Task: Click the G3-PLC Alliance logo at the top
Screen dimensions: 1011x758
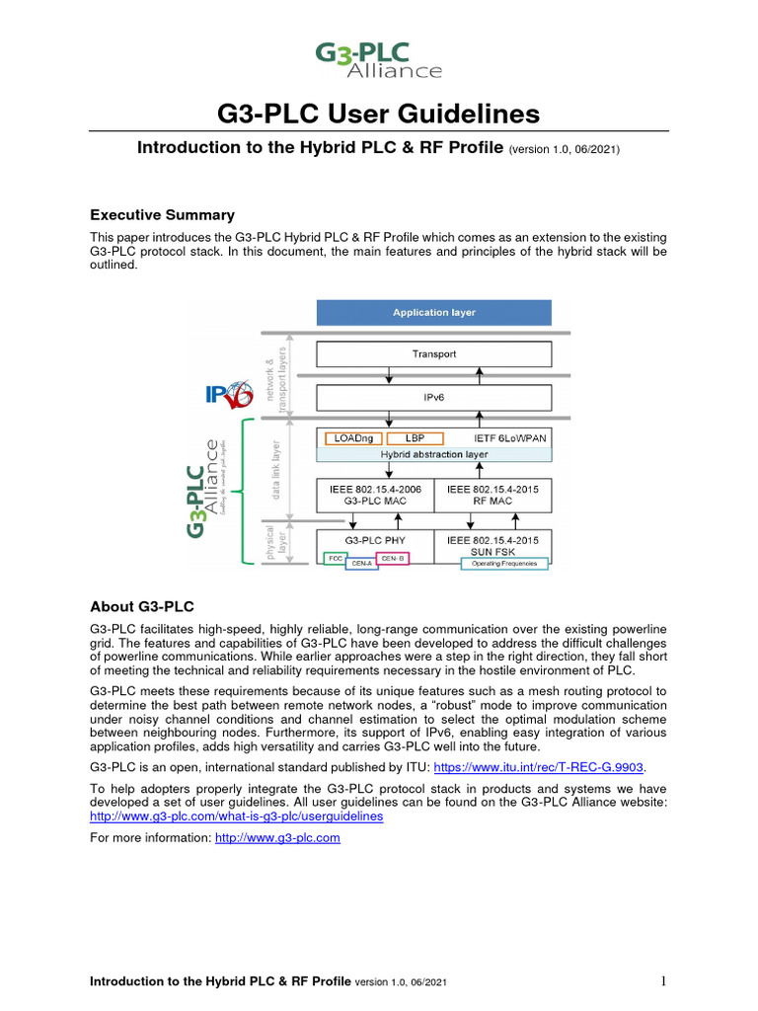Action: click(378, 59)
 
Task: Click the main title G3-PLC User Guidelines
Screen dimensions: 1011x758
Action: click(378, 115)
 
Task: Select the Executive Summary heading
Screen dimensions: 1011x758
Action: click(162, 215)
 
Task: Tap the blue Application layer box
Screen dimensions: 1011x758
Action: click(433, 313)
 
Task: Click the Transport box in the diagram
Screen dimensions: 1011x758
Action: click(433, 353)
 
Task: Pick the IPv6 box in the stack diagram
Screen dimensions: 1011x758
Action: click(433, 398)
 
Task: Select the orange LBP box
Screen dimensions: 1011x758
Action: click(415, 438)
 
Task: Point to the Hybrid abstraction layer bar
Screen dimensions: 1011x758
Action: click(433, 454)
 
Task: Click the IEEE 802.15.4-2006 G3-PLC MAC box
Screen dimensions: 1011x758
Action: click(375, 495)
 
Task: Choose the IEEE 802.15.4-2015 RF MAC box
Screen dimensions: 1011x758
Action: click(493, 495)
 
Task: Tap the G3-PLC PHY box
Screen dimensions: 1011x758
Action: click(375, 541)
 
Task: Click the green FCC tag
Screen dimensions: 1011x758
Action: click(334, 558)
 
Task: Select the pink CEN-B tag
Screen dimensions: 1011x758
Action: click(393, 558)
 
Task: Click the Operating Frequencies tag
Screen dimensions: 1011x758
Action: click(504, 564)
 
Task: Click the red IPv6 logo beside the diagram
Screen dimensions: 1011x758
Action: click(229, 394)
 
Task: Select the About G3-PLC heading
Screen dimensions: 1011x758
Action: click(145, 606)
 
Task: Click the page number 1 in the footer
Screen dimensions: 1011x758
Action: click(664, 981)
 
